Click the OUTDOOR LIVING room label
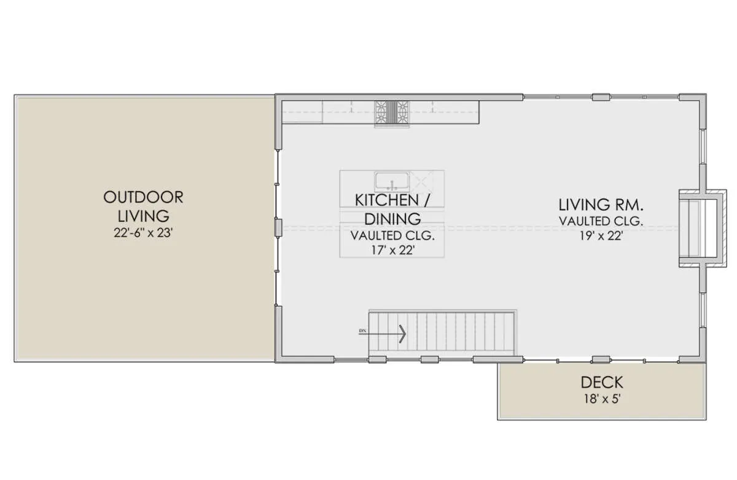pos(143,207)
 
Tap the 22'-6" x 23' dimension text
pos(143,233)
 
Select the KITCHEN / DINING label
pos(392,210)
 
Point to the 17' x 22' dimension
pos(392,250)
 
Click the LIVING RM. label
pos(601,205)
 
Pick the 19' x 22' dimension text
pos(601,236)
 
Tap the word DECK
pos(602,382)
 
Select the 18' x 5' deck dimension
pos(602,399)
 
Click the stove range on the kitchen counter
pos(392,112)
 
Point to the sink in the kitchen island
pos(392,182)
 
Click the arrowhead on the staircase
pos(403,334)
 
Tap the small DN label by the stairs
pos(362,331)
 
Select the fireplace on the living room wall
pos(702,229)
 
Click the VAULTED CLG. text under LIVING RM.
pos(601,221)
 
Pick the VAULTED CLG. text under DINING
pos(392,235)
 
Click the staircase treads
pos(441,331)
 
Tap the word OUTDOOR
pos(143,197)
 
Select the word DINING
pos(392,219)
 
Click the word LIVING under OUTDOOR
pos(144,216)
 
